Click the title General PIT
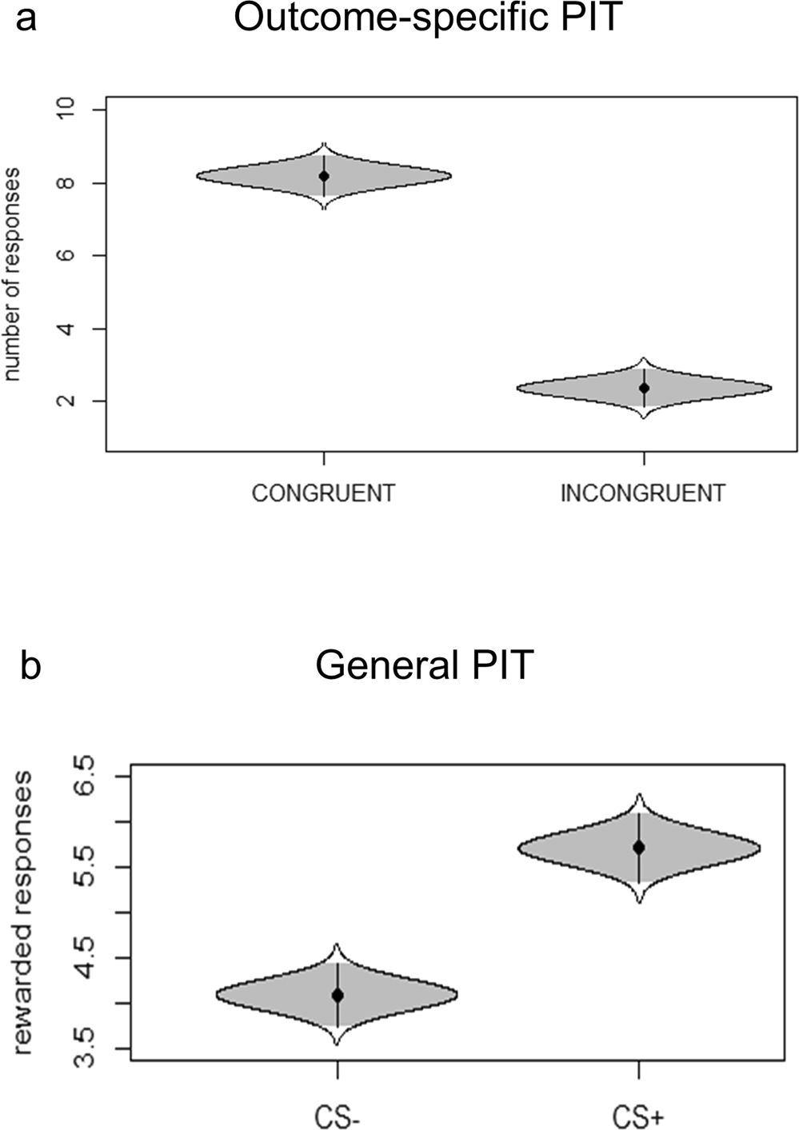click(424, 665)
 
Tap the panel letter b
click(30, 665)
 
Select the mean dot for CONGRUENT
click(324, 176)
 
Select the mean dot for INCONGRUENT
click(644, 388)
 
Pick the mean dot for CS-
click(338, 995)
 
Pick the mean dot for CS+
click(638, 847)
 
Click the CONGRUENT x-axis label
click(323, 493)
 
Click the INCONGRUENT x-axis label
click(643, 493)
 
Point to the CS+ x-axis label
click(638, 1116)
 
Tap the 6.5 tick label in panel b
click(83, 776)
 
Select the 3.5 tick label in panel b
click(83, 1048)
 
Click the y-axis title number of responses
click(12, 274)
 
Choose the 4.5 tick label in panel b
click(83, 958)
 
